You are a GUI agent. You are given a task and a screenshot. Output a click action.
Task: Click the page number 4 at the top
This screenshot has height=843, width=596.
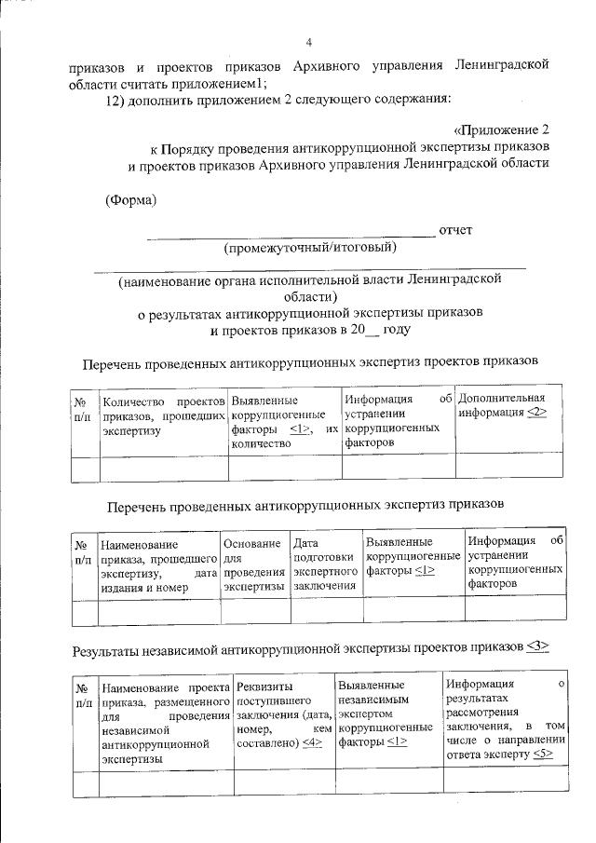(x=308, y=41)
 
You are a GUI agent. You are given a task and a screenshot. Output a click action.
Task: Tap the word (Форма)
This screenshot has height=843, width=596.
(x=130, y=198)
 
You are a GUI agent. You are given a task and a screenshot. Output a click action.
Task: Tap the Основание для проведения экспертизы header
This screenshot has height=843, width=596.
(x=253, y=564)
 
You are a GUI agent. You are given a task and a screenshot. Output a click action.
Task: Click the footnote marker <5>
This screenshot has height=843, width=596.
(x=544, y=755)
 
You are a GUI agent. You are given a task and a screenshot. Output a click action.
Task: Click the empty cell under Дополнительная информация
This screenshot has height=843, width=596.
(x=508, y=467)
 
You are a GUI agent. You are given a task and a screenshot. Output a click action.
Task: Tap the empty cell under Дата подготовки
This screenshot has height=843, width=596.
(x=325, y=611)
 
